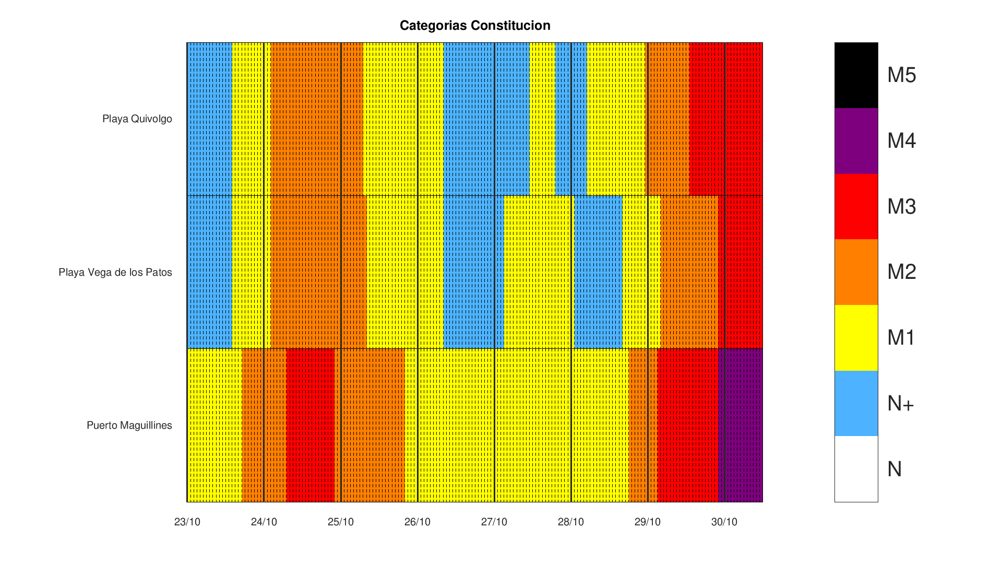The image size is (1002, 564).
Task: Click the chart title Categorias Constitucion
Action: [475, 26]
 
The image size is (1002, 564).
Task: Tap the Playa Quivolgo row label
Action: [137, 119]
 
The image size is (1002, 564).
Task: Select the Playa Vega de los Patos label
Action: [115, 273]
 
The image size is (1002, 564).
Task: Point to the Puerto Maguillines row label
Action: [129, 426]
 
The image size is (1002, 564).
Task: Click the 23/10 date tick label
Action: [187, 522]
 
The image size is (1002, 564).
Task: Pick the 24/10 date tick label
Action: [264, 522]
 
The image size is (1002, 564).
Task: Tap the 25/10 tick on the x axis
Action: [341, 522]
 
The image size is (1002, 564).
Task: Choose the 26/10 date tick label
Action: [417, 522]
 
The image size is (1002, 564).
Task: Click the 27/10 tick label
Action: [494, 522]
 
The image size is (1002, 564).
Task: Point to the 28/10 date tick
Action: [571, 522]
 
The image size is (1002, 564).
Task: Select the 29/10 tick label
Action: [648, 522]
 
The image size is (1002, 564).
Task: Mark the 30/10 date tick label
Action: [724, 522]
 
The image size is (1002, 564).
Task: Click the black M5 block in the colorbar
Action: [856, 75]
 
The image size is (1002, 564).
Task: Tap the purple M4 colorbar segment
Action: [856, 141]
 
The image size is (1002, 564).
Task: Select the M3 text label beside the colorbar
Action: [901, 207]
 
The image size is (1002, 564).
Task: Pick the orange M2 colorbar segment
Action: [856, 272]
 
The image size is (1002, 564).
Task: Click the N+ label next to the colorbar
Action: [900, 404]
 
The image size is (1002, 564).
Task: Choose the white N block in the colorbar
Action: [856, 469]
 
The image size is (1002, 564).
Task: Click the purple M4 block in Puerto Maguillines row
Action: [741, 425]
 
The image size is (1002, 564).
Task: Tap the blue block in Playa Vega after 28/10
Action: [598, 272]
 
